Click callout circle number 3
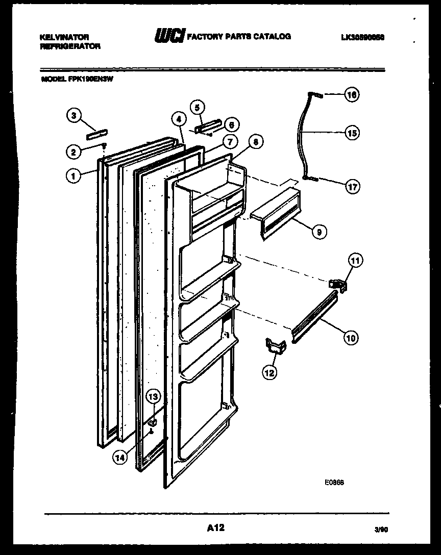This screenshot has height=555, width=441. [x=75, y=116]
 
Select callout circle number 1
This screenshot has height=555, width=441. [x=75, y=176]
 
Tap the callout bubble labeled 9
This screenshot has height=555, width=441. [x=319, y=232]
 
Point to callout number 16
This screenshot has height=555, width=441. [x=352, y=94]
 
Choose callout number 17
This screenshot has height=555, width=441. [x=352, y=187]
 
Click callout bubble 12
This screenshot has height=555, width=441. [x=269, y=373]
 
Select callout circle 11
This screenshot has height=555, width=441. [x=355, y=261]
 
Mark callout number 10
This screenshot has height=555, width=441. [x=352, y=337]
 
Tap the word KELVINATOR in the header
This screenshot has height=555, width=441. [x=64, y=37]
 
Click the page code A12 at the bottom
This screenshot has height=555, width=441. [x=216, y=528]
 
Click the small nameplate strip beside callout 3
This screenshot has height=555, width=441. [x=96, y=134]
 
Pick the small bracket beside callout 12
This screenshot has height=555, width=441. [x=275, y=346]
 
